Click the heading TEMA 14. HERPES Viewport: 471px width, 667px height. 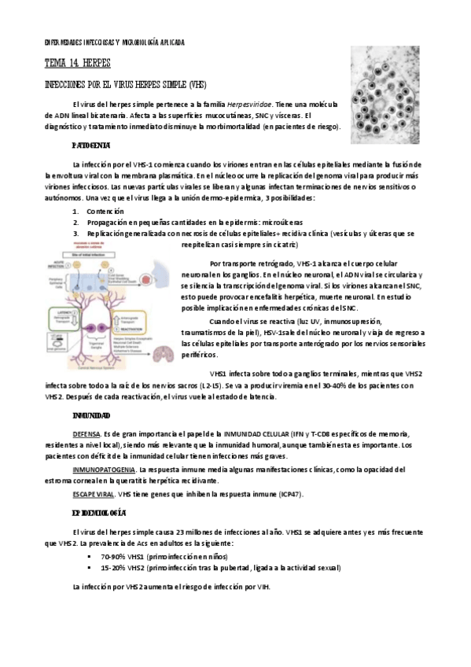coord(78,61)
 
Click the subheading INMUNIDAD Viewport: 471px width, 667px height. coord(90,415)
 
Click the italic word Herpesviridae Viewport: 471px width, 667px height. coord(249,104)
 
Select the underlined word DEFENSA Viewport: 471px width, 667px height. coord(86,434)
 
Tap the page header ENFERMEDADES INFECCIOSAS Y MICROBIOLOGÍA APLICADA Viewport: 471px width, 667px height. coord(114,42)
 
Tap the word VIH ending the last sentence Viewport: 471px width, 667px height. coord(263,587)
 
